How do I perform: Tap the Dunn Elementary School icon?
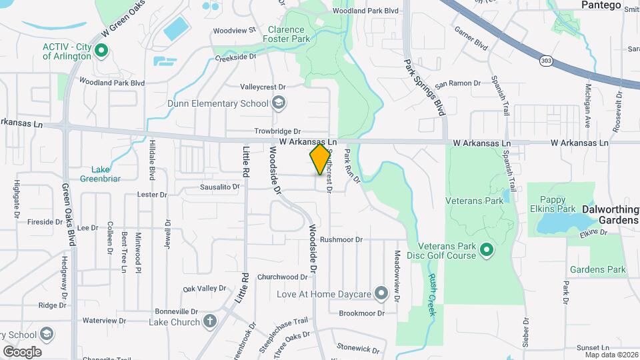[279, 103]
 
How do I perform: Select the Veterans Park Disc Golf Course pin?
[487, 250]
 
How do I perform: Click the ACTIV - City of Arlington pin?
[101, 49]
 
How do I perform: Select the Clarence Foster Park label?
[289, 35]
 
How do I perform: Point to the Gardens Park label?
[598, 269]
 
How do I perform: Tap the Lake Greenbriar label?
[100, 174]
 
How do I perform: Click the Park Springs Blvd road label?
[425, 87]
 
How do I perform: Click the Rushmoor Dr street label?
[341, 239]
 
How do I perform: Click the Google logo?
[22, 351]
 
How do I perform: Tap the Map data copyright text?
[610, 355]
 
